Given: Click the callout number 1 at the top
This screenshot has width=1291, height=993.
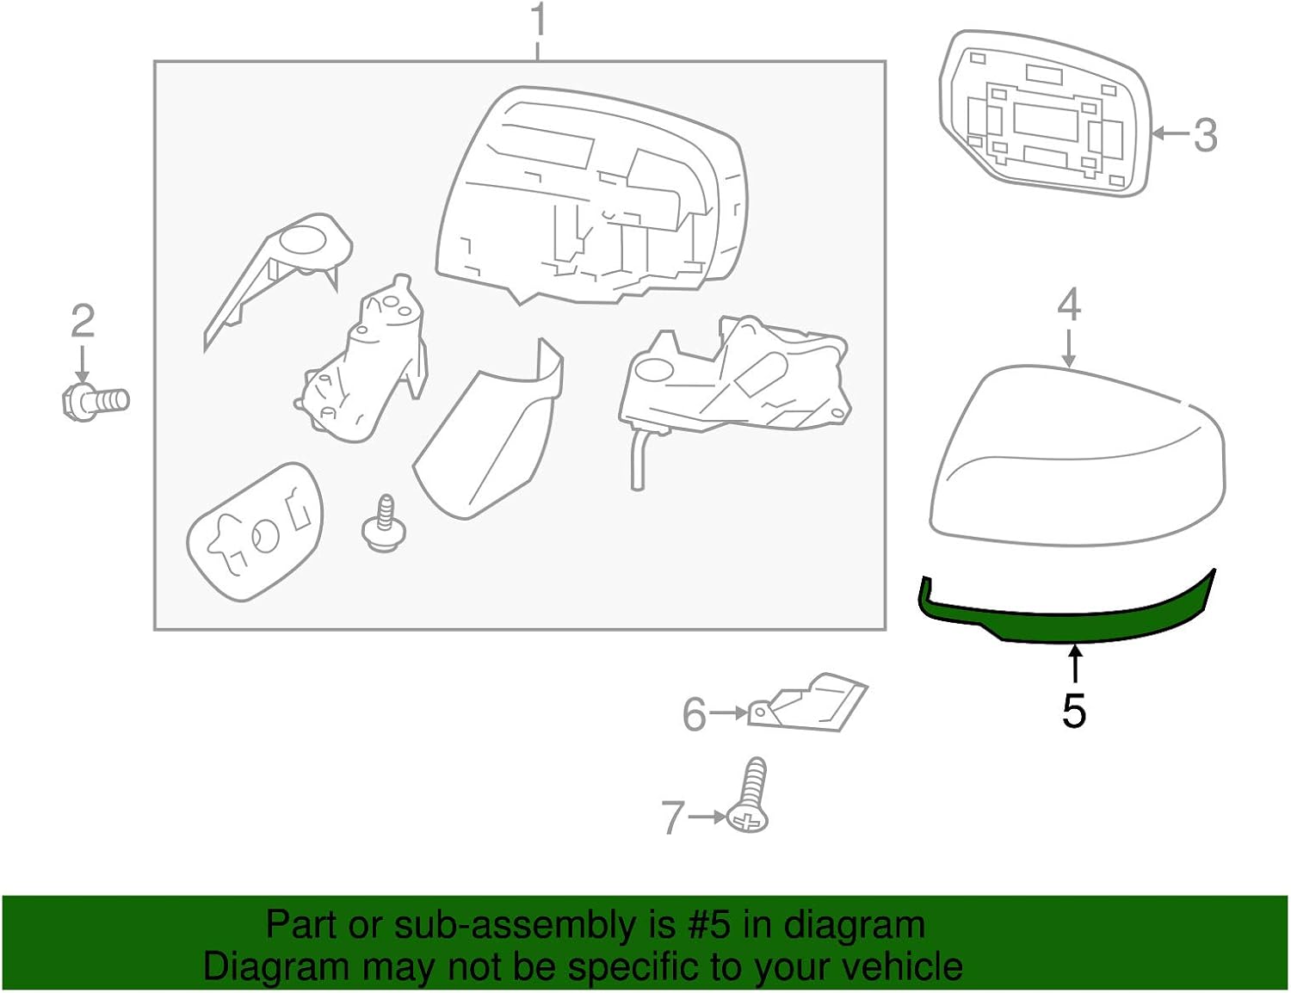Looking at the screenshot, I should pyautogui.click(x=539, y=21).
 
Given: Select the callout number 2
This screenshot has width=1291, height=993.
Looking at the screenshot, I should pyautogui.click(x=83, y=322).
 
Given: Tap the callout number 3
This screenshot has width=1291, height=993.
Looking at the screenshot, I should pyautogui.click(x=1205, y=135).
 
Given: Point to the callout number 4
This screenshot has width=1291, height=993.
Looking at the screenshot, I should pyautogui.click(x=1068, y=305).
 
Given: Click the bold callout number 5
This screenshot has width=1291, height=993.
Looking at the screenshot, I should pyautogui.click(x=1073, y=711).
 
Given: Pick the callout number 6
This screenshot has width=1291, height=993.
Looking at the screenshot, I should pyautogui.click(x=695, y=714).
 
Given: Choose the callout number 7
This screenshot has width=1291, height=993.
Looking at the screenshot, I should pyautogui.click(x=673, y=817).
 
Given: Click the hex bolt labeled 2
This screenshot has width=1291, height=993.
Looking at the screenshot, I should pyautogui.click(x=96, y=401).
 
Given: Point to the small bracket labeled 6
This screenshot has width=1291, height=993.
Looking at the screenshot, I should pyautogui.click(x=809, y=703).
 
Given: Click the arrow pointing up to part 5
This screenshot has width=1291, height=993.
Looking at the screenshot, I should pyautogui.click(x=1074, y=666).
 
